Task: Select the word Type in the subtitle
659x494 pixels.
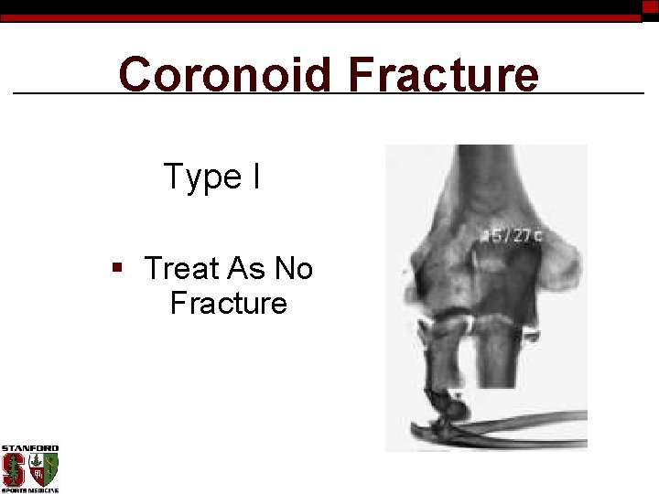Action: (201, 176)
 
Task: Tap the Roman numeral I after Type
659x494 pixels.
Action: (255, 176)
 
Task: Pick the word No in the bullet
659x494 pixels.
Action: (294, 268)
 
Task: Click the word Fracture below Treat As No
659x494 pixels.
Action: (228, 303)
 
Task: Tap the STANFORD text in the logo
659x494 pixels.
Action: (29, 448)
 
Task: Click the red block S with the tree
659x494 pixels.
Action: (15, 469)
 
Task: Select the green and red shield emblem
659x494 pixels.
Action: (43, 469)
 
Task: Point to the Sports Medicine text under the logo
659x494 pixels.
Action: (29, 490)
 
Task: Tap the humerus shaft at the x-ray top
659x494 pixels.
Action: (485, 174)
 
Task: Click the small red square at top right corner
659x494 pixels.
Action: (650, 6)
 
